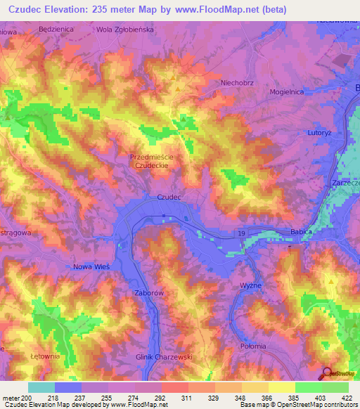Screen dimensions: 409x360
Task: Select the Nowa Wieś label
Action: point(91,266)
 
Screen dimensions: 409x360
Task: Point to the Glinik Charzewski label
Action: point(154,356)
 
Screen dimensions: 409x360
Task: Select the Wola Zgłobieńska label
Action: point(124,30)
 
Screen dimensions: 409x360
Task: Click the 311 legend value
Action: point(187,397)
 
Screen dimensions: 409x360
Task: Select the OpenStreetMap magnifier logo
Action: point(328,373)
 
